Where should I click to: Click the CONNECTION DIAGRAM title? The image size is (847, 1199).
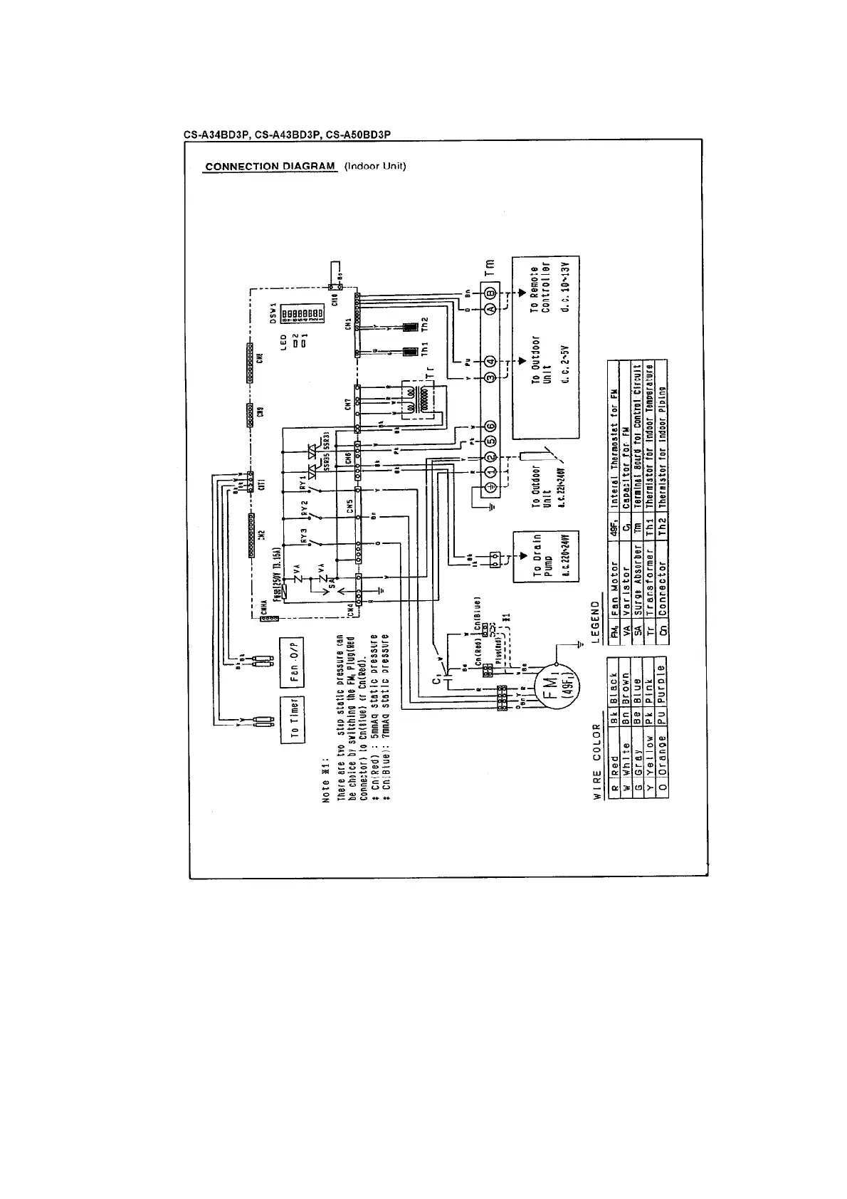(270, 167)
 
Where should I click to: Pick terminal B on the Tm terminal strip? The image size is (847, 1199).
(490, 293)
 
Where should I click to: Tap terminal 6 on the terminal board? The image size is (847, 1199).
(490, 426)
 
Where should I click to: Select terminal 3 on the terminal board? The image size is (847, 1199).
(490, 377)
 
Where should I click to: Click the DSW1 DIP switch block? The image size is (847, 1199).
(302, 313)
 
